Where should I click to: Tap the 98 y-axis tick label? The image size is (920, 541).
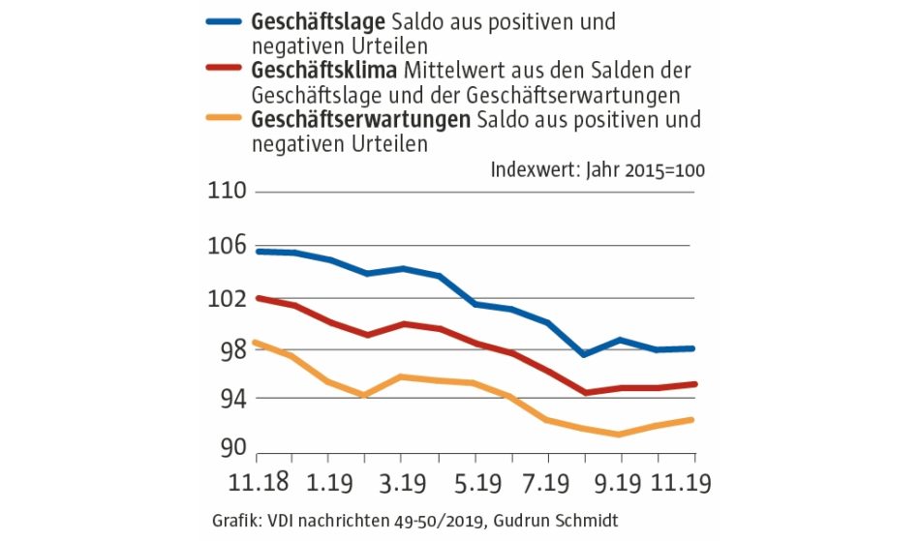coord(233,350)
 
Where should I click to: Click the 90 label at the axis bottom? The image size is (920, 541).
coord(233,448)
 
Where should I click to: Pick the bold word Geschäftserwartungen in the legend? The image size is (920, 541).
coord(359,121)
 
